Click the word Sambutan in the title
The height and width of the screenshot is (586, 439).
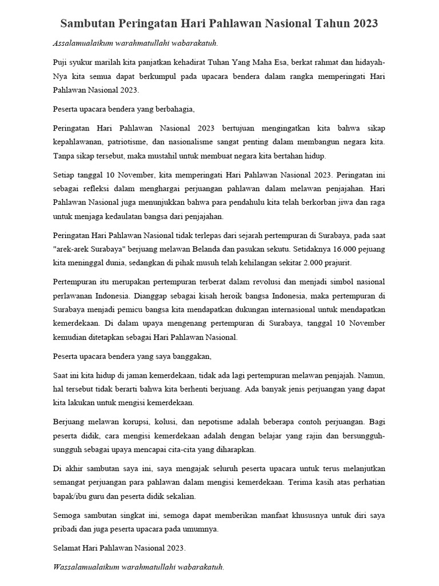87,24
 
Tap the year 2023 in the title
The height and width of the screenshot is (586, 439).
361,24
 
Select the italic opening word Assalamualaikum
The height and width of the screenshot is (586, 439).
82,43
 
